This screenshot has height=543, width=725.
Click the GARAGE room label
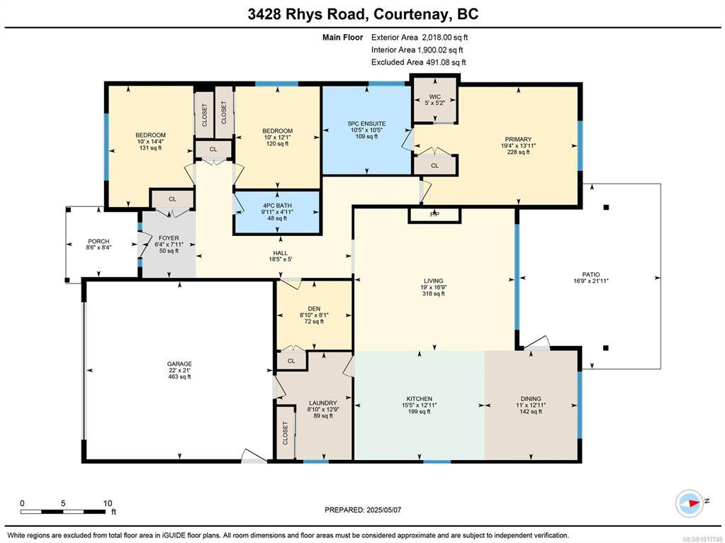(x=179, y=364)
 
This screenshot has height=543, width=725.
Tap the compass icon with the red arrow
(x=690, y=503)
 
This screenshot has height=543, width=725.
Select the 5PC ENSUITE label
(x=366, y=123)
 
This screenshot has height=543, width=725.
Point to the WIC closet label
(x=434, y=96)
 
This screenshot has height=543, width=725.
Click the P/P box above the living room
(x=434, y=215)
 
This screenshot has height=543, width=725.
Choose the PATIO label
(x=591, y=274)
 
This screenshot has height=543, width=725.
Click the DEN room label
(x=314, y=308)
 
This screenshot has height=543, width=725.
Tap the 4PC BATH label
(x=277, y=206)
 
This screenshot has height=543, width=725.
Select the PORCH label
(x=99, y=241)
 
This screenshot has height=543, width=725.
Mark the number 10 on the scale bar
(x=107, y=503)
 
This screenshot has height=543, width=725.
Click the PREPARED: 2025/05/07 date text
(x=363, y=510)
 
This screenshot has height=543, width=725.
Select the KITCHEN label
(x=420, y=398)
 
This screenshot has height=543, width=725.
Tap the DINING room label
(x=531, y=398)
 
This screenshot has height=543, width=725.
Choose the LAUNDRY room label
(x=322, y=403)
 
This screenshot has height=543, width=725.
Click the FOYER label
(x=169, y=238)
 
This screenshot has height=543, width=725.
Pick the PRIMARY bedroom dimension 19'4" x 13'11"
(x=518, y=145)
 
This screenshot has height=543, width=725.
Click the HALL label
(x=280, y=253)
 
